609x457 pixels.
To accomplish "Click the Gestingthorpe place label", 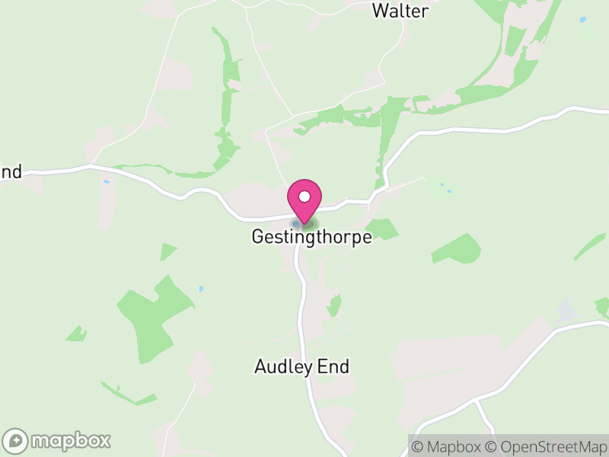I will (311, 237).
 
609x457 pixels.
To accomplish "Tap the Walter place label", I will (400, 11).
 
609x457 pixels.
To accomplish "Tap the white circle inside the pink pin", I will (304, 197).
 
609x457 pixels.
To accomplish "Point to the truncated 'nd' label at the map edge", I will (11, 171).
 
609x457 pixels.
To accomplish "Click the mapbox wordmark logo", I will (70, 440).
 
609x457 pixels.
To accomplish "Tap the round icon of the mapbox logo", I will (16, 440).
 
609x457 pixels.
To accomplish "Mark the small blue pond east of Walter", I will (582, 19).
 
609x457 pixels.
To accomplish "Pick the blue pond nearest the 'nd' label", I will (106, 183).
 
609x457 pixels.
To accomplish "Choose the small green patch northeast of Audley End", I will (333, 306).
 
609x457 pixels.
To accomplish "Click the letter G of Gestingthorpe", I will (257, 237).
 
